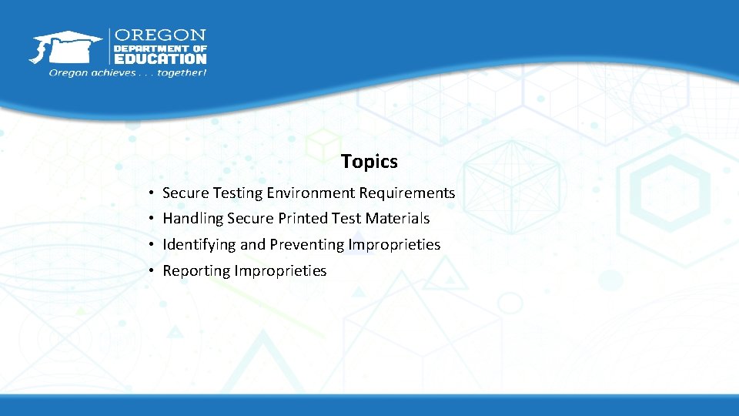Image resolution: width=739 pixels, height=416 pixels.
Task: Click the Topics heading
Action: click(369, 162)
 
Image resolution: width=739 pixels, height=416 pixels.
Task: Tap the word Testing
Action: click(238, 193)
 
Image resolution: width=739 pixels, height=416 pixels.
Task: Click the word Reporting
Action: click(196, 271)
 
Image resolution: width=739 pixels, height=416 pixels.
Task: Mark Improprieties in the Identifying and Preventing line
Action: click(394, 245)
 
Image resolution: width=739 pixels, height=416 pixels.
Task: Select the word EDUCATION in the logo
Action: click(160, 59)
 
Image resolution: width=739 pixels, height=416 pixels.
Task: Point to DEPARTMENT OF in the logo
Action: click(160, 47)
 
